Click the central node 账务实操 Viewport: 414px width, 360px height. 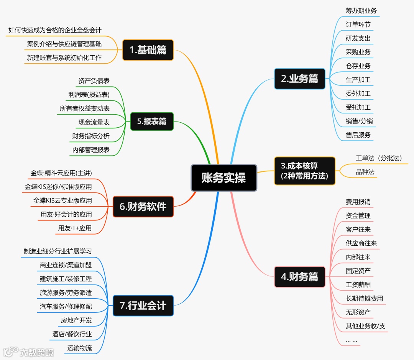(224, 178)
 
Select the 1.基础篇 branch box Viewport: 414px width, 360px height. (148, 50)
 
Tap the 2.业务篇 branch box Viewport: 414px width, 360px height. (299, 79)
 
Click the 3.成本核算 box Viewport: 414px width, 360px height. (304, 171)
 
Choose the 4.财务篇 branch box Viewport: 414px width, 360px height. (299, 276)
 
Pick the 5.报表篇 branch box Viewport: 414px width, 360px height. (152, 122)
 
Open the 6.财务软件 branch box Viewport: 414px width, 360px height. (143, 207)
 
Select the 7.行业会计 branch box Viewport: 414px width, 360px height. (143, 305)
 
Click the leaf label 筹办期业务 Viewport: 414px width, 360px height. (361, 11)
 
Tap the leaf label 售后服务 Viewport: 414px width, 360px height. (358, 135)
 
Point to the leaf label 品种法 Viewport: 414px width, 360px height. (365, 172)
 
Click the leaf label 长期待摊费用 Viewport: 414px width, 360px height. (364, 298)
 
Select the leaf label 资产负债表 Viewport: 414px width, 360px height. (94, 81)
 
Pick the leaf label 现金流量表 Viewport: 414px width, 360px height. (94, 122)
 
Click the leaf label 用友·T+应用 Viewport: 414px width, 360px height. (75, 228)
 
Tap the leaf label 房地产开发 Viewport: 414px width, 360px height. (76, 320)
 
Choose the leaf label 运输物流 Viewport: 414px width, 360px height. (79, 348)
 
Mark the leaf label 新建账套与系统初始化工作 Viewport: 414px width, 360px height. (64, 58)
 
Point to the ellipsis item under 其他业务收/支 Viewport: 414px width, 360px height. (352, 340)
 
